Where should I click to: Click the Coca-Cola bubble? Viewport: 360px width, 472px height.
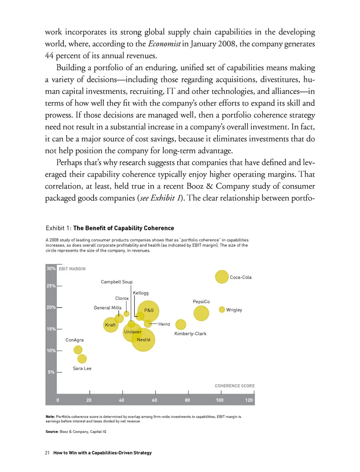(x=222, y=277)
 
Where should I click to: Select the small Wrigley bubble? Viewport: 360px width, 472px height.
(x=222, y=309)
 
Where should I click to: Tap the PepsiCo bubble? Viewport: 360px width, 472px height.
(x=201, y=313)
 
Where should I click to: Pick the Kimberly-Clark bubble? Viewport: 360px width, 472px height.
(x=181, y=324)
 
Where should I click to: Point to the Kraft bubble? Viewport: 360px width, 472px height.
(x=111, y=325)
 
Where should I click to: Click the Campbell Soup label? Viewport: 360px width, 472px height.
(x=117, y=282)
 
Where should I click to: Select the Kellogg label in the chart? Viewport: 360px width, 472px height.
(x=141, y=293)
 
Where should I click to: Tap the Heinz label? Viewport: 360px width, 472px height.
(x=164, y=324)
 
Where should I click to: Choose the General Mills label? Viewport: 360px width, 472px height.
(x=108, y=308)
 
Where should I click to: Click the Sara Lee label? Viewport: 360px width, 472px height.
(x=82, y=369)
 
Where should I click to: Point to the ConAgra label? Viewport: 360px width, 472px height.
(x=75, y=340)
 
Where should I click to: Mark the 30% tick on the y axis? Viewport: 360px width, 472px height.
(x=51, y=268)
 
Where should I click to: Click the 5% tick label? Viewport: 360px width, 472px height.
(x=51, y=372)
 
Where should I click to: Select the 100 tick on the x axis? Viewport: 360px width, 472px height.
(x=220, y=400)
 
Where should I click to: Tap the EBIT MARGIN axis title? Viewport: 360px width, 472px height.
(x=72, y=269)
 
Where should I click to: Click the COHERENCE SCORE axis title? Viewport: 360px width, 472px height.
(x=234, y=386)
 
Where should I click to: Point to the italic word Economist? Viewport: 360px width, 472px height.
(x=164, y=44)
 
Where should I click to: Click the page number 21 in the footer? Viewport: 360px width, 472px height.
(x=47, y=453)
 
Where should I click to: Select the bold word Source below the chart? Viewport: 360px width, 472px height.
(x=52, y=432)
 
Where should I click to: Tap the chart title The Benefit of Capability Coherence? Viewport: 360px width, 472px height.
(x=123, y=228)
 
